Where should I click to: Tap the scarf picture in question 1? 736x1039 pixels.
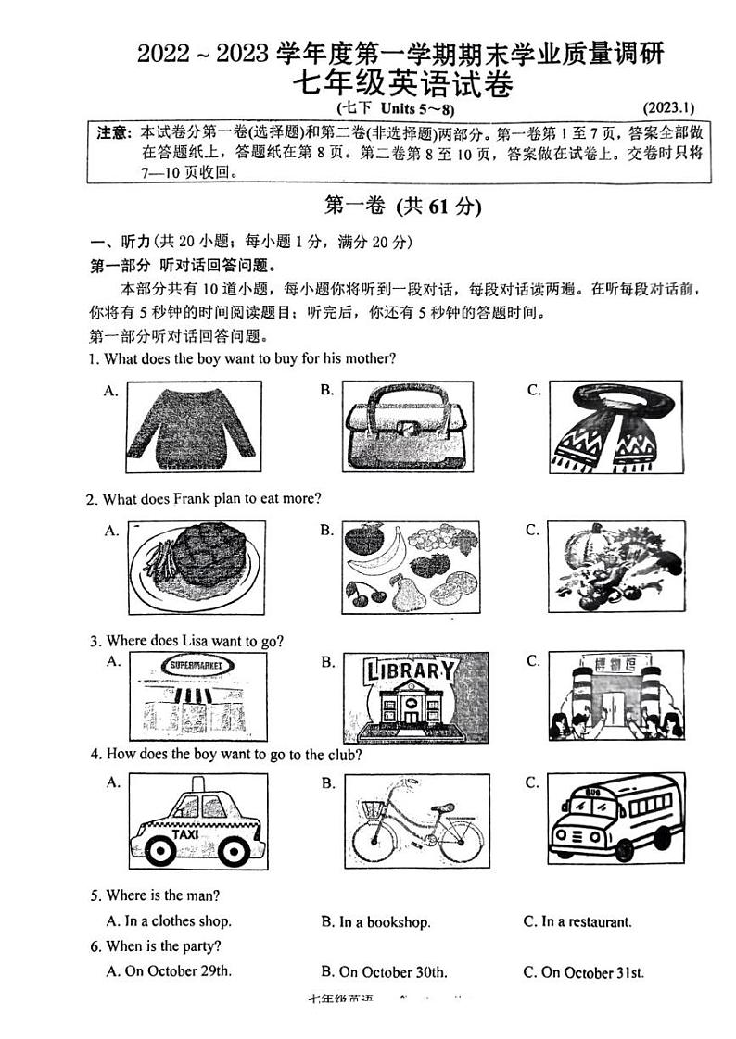[615, 428]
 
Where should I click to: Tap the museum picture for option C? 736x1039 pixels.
[615, 695]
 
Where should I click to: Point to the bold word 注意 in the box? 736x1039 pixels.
[112, 134]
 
